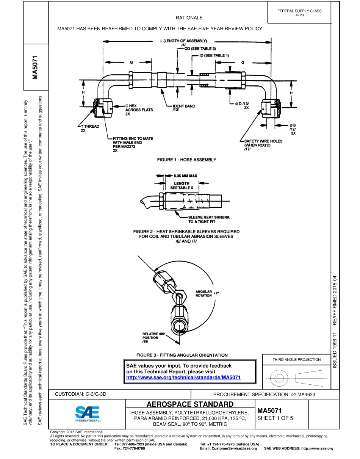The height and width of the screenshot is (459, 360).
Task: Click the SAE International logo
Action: (87, 414)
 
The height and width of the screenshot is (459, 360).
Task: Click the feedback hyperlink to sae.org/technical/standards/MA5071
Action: (183, 378)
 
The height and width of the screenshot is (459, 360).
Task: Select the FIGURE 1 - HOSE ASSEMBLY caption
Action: (187, 160)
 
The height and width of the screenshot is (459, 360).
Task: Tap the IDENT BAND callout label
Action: (184, 108)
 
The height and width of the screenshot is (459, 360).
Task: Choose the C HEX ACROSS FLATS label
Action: (139, 110)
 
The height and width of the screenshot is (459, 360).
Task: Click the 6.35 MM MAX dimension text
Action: (185, 176)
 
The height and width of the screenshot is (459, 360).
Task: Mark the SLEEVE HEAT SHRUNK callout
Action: (209, 219)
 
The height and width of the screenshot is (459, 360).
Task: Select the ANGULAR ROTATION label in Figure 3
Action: (204, 293)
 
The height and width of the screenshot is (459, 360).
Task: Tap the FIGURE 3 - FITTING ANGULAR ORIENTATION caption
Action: (182, 355)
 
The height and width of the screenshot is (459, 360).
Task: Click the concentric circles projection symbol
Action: (279, 378)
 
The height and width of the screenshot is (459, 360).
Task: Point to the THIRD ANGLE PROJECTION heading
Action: (296, 359)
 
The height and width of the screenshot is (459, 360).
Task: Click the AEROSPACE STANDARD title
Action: (190, 404)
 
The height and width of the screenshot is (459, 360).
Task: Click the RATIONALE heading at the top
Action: (189, 18)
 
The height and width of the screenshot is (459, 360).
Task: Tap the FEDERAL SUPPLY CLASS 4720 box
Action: (299, 13)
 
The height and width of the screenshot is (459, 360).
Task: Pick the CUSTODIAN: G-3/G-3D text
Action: (81, 394)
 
